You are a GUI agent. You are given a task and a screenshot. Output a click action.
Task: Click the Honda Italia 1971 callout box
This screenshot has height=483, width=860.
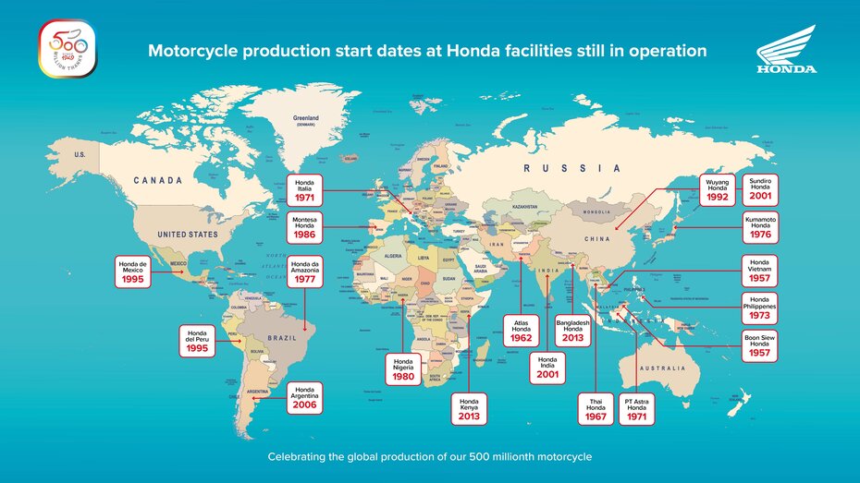tap(305, 190)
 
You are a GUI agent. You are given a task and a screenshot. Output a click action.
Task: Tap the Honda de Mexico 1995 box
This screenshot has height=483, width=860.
tap(136, 272)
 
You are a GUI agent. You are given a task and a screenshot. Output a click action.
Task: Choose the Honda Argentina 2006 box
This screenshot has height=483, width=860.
tap(305, 397)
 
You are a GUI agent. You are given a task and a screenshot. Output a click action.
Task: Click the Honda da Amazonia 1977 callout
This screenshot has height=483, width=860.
tap(305, 271)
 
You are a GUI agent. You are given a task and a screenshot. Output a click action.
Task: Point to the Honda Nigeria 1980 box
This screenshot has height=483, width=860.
tap(403, 370)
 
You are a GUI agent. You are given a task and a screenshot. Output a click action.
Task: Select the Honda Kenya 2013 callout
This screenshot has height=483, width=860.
tap(469, 408)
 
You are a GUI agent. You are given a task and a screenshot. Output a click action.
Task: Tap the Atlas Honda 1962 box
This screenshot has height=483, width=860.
tap(521, 332)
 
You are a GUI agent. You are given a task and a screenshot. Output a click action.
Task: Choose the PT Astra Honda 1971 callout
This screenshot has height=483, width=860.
tap(637, 409)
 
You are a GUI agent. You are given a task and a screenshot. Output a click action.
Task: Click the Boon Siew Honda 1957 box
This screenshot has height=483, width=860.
tap(760, 347)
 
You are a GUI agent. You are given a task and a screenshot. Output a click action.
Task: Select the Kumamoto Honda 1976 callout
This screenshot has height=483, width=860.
tap(760, 228)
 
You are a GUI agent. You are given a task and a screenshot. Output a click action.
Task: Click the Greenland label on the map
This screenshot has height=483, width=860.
tap(306, 120)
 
